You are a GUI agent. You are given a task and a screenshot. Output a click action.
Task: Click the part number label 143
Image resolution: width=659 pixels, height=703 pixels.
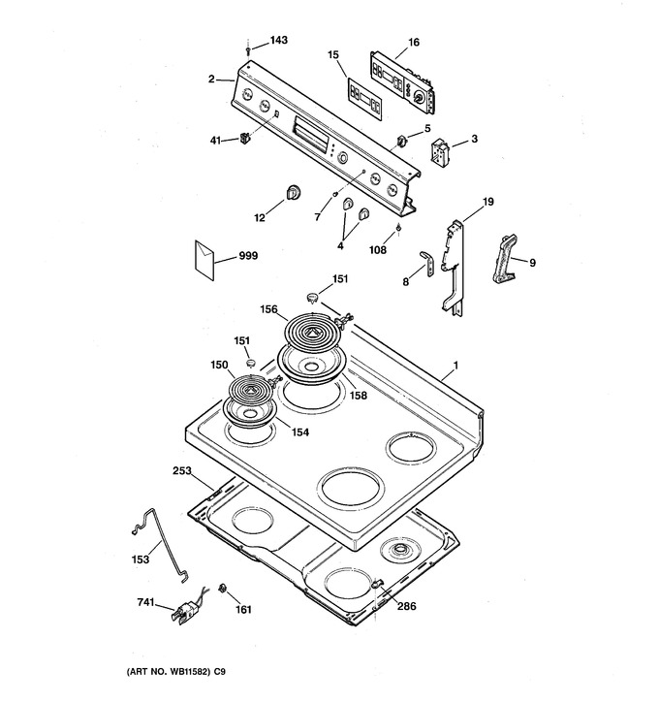(279, 41)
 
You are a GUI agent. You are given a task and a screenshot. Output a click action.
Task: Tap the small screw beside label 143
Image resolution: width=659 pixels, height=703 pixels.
(248, 51)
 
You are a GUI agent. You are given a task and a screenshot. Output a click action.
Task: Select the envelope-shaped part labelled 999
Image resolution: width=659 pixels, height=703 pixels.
(204, 261)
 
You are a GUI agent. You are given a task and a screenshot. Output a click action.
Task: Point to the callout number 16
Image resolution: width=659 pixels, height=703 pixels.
(414, 42)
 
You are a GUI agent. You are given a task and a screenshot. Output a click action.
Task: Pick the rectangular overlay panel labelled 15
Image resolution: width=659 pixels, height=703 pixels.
(364, 100)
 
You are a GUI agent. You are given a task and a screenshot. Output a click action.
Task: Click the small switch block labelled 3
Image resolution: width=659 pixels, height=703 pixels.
(439, 151)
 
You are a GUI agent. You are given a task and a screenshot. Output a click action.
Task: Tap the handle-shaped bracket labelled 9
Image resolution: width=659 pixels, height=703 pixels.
(505, 259)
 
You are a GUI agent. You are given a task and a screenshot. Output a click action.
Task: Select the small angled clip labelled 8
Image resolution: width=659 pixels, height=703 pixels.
(427, 263)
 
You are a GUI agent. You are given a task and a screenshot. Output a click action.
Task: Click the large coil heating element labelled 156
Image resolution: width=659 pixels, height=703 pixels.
(311, 333)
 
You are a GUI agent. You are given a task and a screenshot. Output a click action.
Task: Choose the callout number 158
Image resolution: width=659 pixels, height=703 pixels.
(359, 395)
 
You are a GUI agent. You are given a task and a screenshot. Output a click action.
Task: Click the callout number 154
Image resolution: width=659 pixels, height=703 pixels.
(300, 432)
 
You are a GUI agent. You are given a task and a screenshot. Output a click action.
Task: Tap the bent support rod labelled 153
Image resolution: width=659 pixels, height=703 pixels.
(162, 544)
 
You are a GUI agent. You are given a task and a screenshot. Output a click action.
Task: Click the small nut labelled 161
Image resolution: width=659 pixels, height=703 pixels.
(221, 589)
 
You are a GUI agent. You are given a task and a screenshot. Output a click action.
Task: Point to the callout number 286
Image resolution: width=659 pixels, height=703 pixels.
(406, 606)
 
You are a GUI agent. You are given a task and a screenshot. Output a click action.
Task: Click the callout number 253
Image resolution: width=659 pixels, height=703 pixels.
(182, 470)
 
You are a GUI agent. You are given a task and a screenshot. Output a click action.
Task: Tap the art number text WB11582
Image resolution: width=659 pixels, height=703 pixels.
(188, 672)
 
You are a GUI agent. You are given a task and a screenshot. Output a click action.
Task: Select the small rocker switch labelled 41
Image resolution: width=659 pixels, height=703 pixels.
(244, 138)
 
